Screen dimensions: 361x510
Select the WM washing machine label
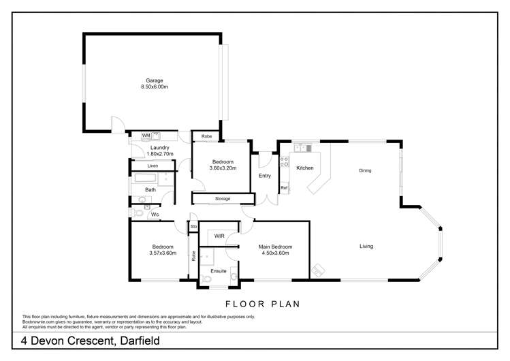point(146,136)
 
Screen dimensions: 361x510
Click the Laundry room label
point(159,148)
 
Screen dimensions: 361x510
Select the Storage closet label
point(222,199)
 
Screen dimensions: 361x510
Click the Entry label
point(265,176)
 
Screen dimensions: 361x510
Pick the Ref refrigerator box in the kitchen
point(284,187)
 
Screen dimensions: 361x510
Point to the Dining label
point(365,170)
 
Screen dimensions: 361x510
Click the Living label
point(366,246)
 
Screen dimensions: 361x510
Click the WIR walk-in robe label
point(219,236)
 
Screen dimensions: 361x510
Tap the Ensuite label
point(218,270)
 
